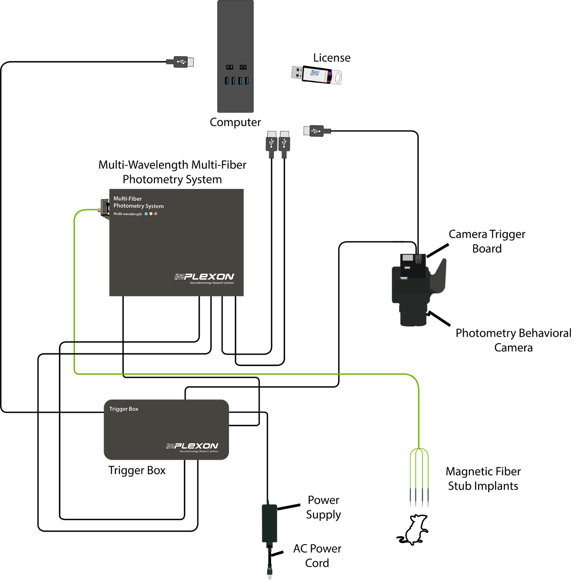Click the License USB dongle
tap(316, 75)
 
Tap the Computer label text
tap(235, 122)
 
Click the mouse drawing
tap(413, 530)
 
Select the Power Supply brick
tap(270, 523)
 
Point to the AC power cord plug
tap(270, 571)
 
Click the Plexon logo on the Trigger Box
tap(192, 447)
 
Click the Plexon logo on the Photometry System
tap(204, 278)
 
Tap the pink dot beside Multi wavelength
tap(156, 214)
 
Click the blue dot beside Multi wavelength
tap(146, 214)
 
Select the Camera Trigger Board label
tap(487, 241)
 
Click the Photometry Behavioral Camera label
tap(514, 340)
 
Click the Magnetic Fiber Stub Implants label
tap(483, 479)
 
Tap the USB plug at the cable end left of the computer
tap(180, 62)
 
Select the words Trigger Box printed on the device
tap(124, 409)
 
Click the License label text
tap(332, 58)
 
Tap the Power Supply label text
tap(324, 507)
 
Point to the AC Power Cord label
tap(317, 556)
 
